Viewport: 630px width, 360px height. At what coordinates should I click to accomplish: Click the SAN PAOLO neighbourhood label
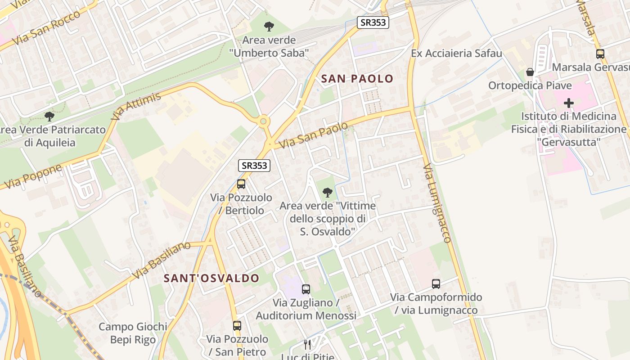(x=357, y=79)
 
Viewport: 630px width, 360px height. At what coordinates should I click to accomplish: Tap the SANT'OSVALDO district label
(x=211, y=278)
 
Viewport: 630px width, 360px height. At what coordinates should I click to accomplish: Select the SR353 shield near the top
(x=373, y=22)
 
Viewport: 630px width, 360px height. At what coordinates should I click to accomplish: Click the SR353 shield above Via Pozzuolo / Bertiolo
(x=254, y=166)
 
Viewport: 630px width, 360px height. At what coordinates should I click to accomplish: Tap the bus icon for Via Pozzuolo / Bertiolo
(x=241, y=184)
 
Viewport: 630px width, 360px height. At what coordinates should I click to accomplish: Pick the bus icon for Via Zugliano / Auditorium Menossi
(x=306, y=289)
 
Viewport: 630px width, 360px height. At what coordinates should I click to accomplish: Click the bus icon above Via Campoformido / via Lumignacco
(x=436, y=284)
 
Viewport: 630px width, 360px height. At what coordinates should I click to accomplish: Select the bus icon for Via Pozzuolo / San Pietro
(x=237, y=325)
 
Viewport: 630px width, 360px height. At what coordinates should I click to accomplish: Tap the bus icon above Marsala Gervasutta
(x=600, y=54)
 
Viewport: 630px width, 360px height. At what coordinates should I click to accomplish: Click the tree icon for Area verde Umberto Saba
(x=269, y=27)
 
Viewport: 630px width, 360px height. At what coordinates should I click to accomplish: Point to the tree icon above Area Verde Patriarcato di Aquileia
(x=49, y=117)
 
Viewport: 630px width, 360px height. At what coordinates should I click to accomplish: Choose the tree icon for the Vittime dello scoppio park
(x=328, y=193)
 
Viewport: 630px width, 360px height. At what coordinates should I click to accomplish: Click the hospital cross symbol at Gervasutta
(x=569, y=103)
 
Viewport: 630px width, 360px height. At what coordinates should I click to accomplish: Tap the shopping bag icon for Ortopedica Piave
(x=530, y=72)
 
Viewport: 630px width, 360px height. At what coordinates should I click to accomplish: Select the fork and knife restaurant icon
(x=307, y=345)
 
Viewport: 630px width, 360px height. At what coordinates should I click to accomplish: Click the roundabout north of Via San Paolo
(x=263, y=121)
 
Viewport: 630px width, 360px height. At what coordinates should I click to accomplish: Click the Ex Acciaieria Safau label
(x=456, y=54)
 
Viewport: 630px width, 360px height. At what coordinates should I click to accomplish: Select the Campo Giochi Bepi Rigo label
(x=133, y=333)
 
